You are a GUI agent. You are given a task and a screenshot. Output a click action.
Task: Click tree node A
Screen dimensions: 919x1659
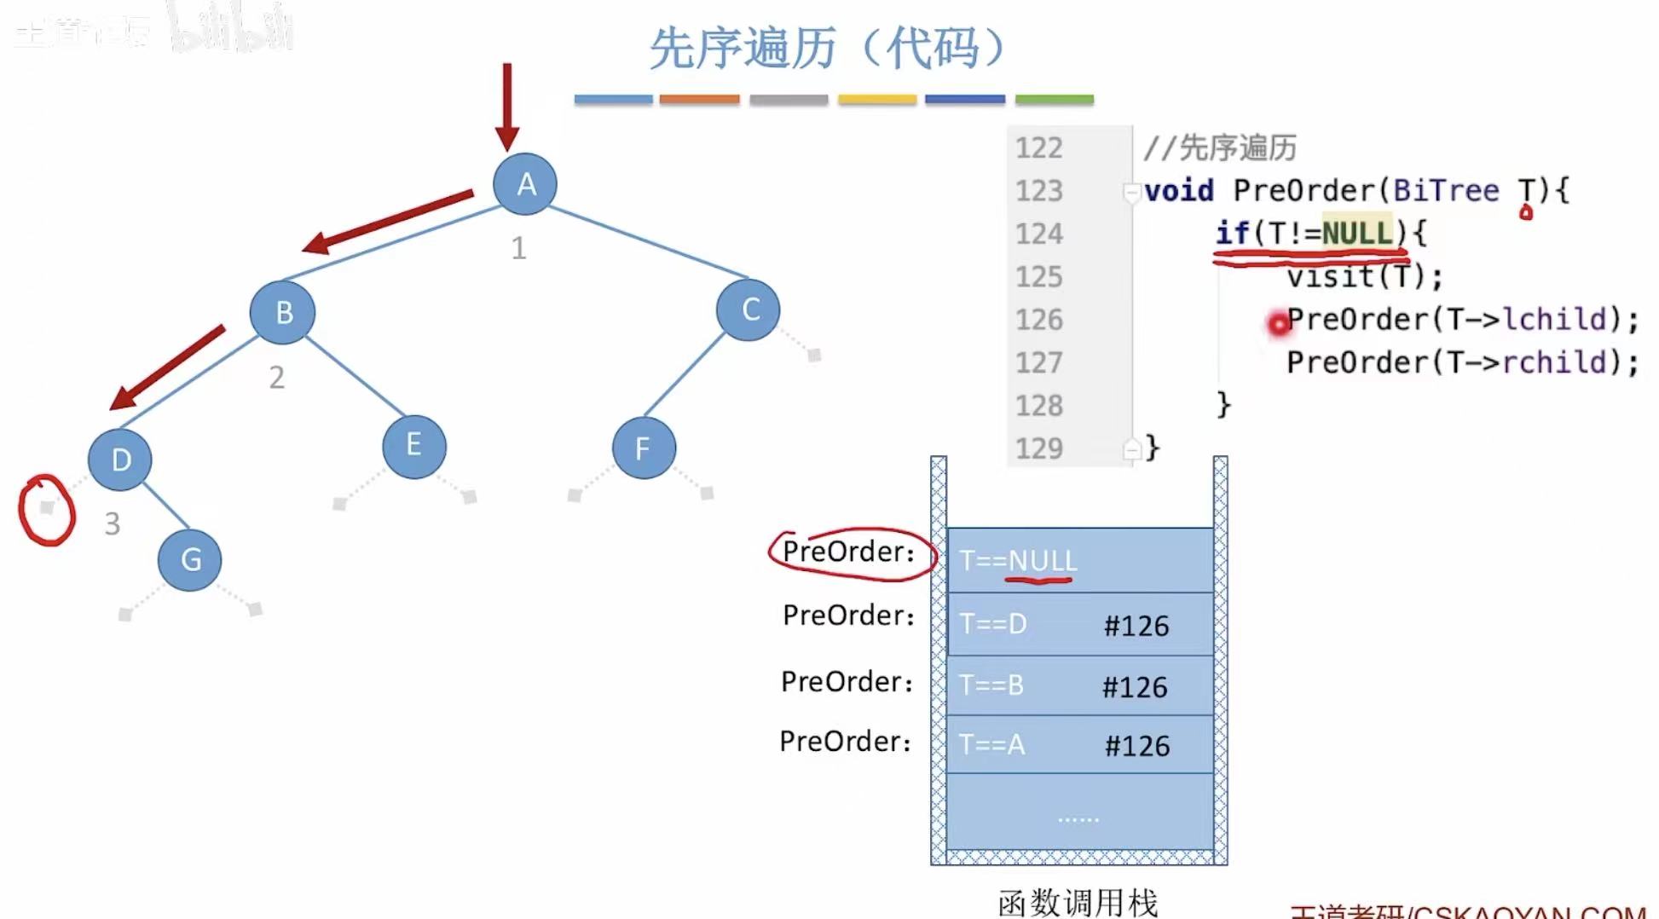tap(525, 184)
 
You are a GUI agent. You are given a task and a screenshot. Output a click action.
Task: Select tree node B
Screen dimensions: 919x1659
tap(283, 312)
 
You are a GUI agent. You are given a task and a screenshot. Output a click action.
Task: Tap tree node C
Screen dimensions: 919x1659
tap(749, 309)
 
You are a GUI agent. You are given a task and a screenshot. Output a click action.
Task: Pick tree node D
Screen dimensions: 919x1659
tap(120, 459)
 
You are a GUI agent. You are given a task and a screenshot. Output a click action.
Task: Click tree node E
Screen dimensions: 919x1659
tap(414, 446)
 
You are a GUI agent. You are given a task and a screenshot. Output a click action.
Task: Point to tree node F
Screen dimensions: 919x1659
tap(644, 448)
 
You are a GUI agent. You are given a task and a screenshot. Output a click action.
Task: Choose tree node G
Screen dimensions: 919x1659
tap(190, 560)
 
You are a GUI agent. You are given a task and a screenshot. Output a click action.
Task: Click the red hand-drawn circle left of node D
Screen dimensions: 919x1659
tap(47, 510)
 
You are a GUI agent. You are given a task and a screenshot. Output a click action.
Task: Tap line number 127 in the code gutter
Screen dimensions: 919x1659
tap(1038, 362)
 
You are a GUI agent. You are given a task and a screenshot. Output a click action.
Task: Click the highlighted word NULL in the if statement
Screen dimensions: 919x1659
tap(1356, 233)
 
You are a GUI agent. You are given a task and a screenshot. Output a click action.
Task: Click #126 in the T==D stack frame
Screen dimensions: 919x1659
tap(1136, 626)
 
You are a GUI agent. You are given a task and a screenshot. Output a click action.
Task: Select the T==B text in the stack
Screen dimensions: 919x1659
tap(991, 685)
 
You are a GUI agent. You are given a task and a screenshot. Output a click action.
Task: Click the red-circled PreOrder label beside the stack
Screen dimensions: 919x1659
tap(849, 552)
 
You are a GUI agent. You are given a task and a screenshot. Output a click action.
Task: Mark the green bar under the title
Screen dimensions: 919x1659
tap(1054, 100)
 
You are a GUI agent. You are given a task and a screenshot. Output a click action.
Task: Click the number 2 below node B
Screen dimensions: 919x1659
tap(276, 378)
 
